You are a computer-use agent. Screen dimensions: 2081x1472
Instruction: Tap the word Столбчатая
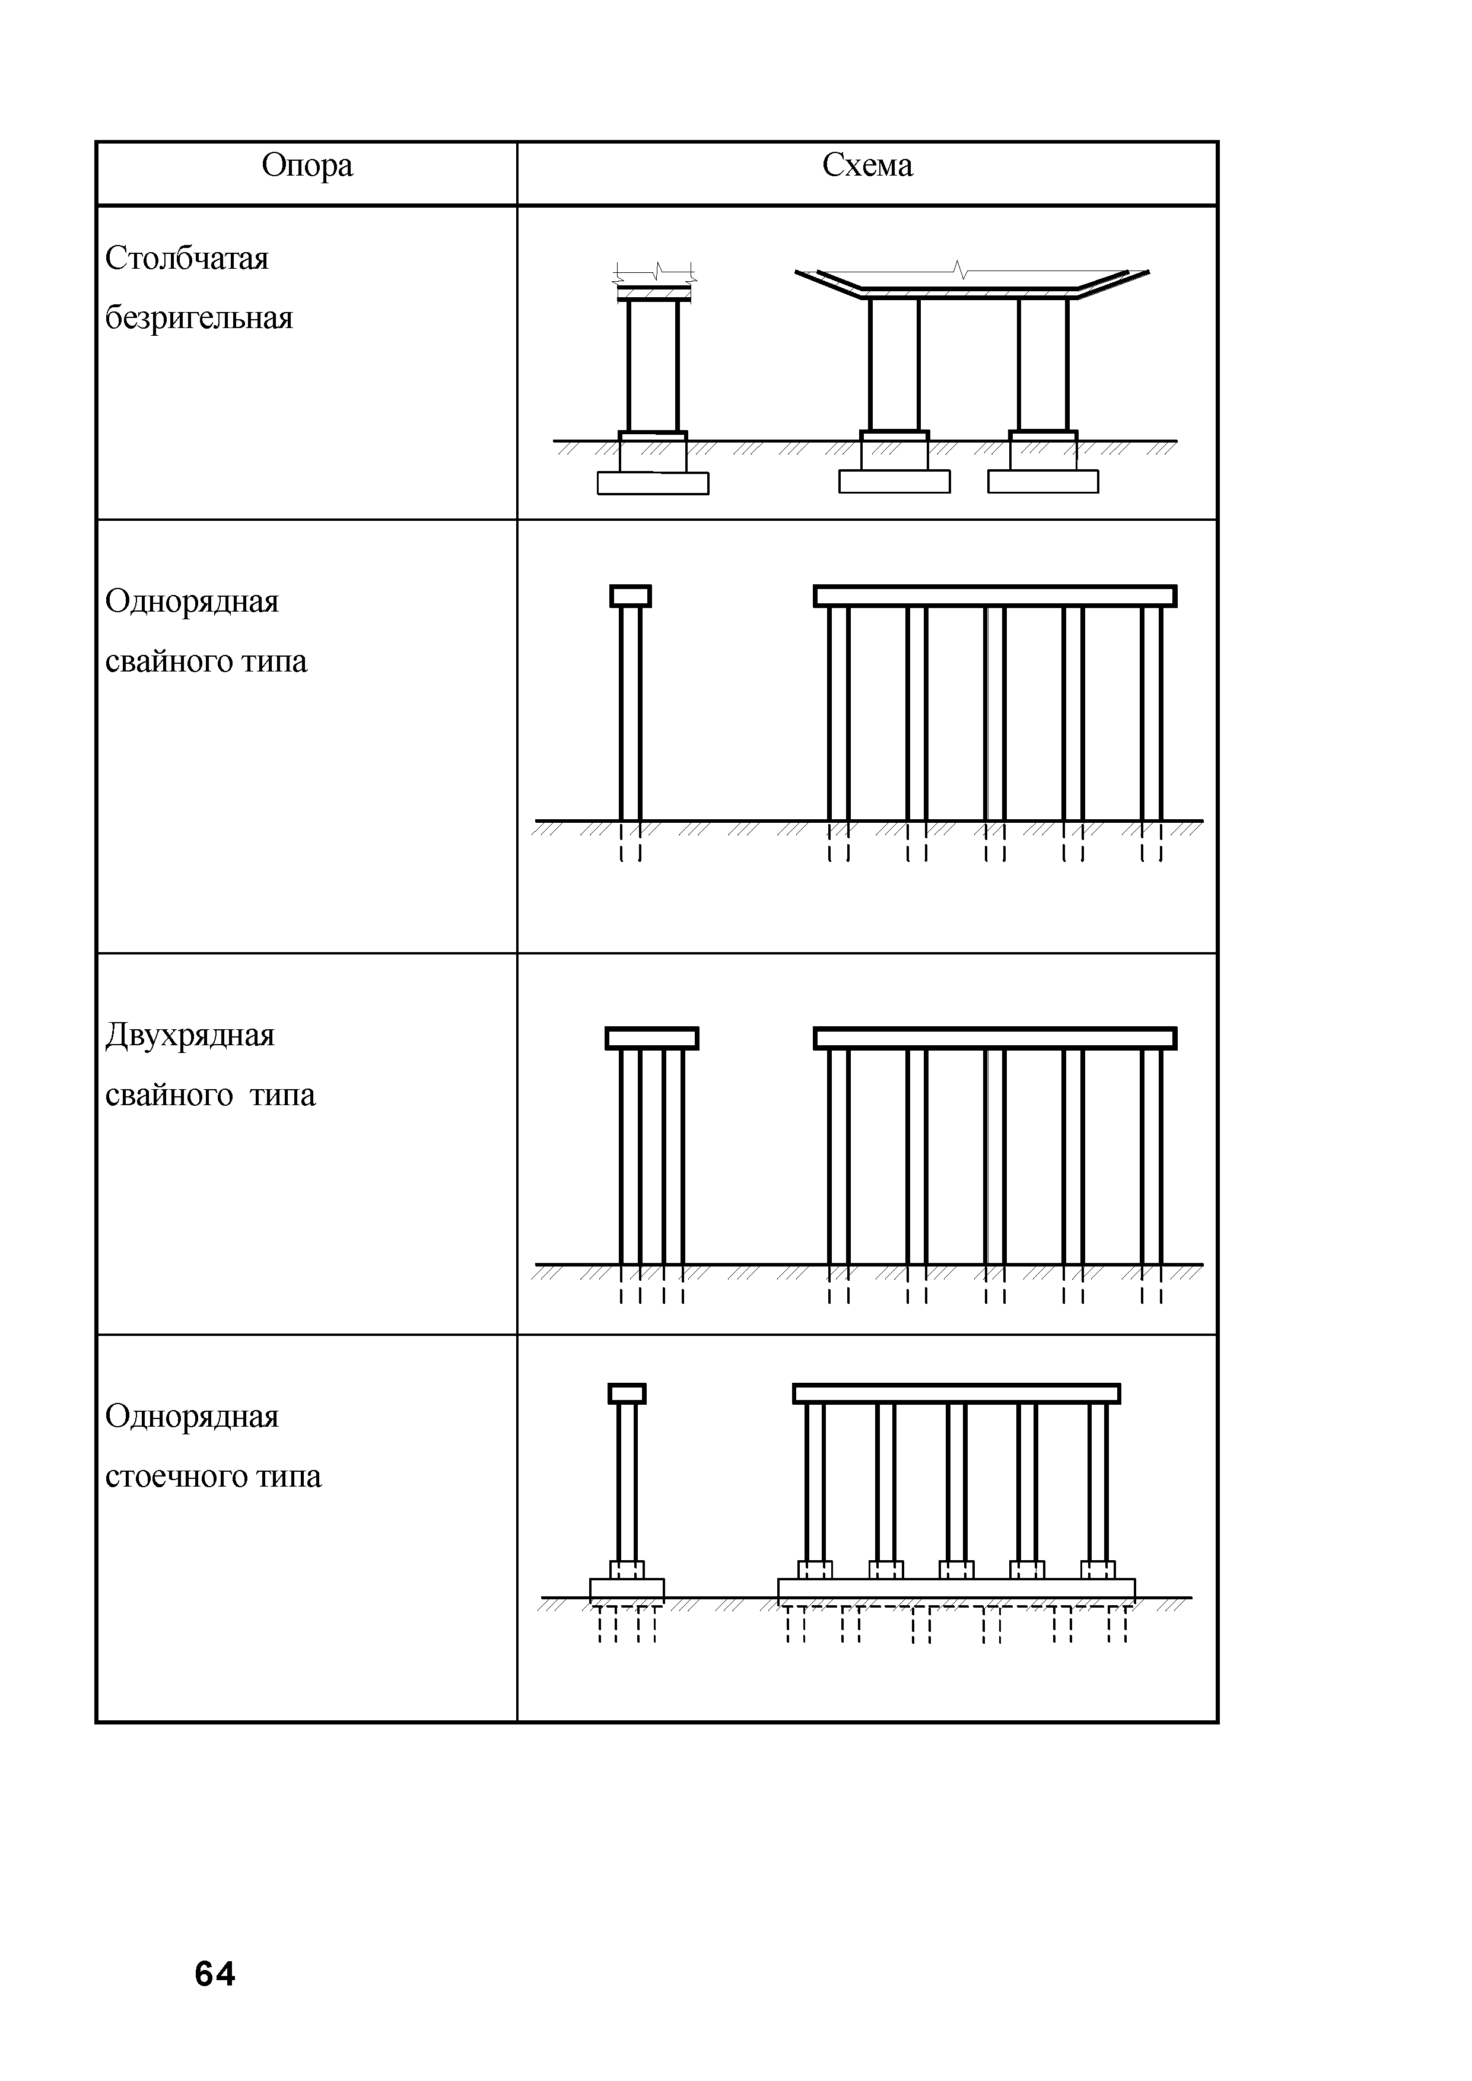pyautogui.click(x=187, y=259)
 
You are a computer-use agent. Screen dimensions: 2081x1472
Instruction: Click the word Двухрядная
pyautogui.click(x=189, y=1035)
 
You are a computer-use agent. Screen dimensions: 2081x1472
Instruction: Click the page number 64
pyautogui.click(x=215, y=1974)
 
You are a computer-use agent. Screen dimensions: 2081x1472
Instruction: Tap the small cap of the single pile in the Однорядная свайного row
pyautogui.click(x=630, y=596)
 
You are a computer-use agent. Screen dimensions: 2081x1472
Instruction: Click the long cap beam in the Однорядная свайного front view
pyautogui.click(x=994, y=596)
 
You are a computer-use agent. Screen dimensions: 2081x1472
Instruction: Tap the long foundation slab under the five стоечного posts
pyautogui.click(x=956, y=1589)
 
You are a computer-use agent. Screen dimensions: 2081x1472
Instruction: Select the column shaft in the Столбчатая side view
pyautogui.click(x=653, y=366)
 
